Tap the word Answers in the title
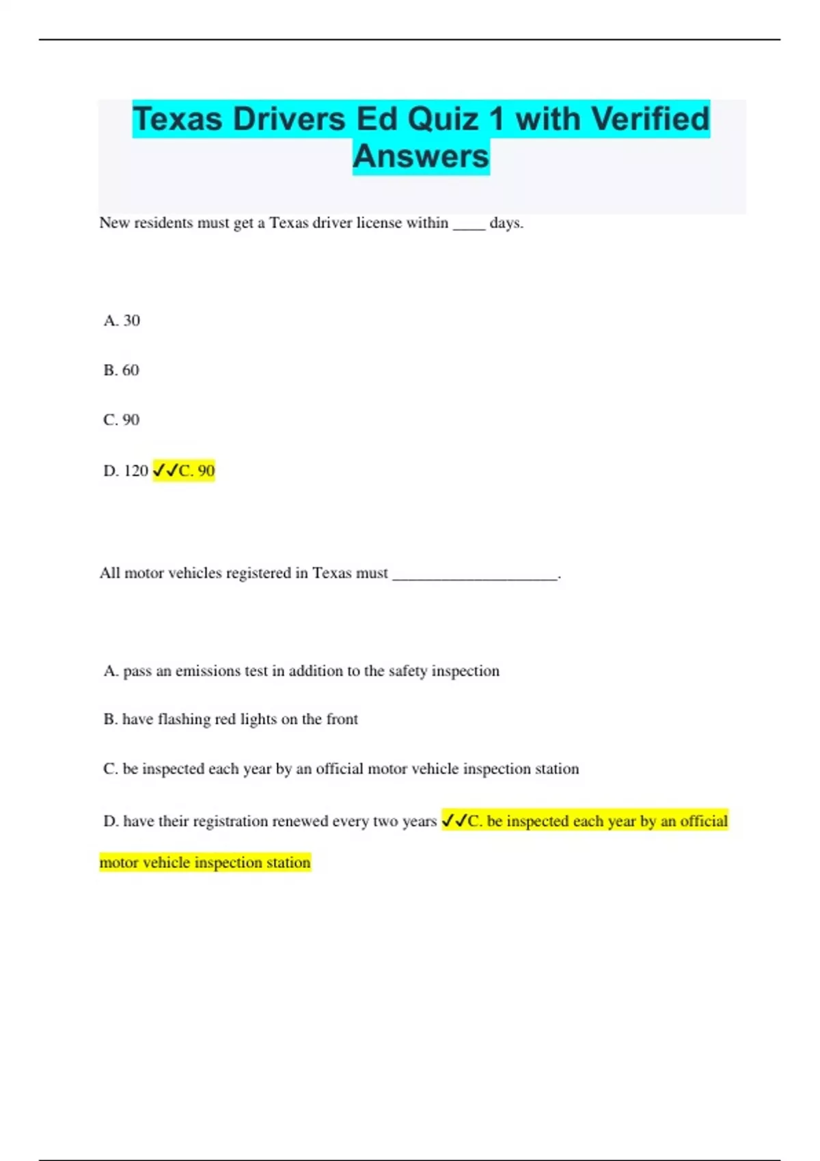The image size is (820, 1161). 421,156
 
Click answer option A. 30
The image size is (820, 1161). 122,320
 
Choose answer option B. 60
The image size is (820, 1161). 121,370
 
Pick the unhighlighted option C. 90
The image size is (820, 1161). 121,419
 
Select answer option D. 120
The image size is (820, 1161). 126,471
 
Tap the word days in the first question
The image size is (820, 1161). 506,223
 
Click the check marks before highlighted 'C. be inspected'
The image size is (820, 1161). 454,820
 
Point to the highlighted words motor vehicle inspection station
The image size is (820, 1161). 205,863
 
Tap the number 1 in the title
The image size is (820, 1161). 496,119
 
